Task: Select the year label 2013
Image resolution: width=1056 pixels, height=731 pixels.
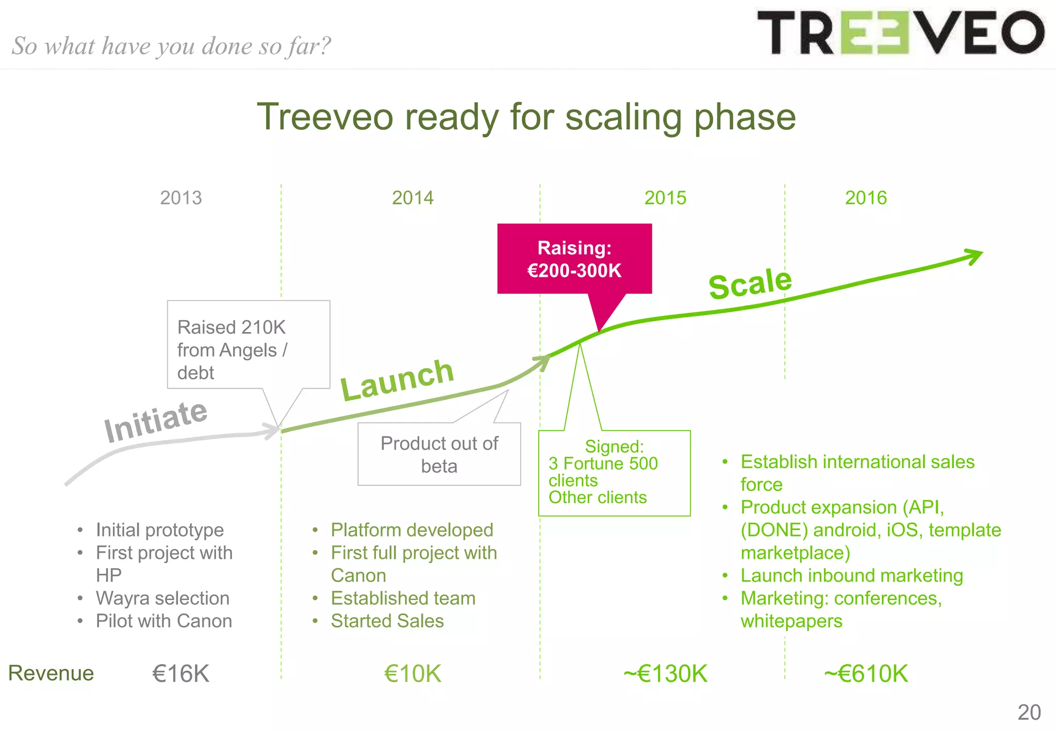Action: pos(180,198)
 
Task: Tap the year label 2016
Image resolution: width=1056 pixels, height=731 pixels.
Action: pos(866,198)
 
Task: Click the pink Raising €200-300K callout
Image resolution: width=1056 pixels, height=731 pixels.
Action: pos(574,259)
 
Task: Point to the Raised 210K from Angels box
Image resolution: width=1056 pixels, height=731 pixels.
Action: pos(248,345)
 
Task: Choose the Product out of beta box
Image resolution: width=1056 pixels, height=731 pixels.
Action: pos(439,454)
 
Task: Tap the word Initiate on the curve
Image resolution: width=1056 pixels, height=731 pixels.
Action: pos(155,421)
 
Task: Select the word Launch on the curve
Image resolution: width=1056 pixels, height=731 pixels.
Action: pos(397,380)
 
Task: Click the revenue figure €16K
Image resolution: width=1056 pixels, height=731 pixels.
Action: pos(180,674)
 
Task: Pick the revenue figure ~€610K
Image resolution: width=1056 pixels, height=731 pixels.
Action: pos(866,674)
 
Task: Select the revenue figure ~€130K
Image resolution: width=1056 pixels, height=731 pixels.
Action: pos(665,674)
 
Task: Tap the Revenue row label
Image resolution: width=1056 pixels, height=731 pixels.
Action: pos(51,673)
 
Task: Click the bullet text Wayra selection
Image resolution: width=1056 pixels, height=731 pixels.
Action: pos(162,598)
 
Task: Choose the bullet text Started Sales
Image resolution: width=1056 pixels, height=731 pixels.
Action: pos(387,621)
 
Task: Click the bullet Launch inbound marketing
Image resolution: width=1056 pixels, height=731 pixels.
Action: pos(851,575)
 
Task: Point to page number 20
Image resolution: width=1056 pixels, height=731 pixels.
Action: pos(1029,712)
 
